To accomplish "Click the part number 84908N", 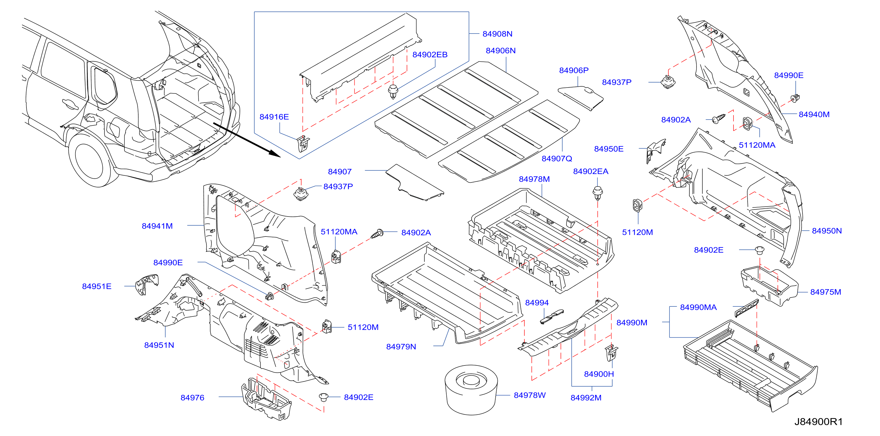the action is (497, 34).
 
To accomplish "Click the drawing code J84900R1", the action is (818, 422).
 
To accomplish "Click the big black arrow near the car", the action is (247, 140).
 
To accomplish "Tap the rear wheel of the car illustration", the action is (90, 160).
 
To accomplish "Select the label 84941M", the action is (157, 226).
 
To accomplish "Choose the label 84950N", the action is (827, 231).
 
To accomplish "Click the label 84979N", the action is (401, 346).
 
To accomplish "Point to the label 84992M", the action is (586, 398).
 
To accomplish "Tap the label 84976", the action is (192, 398).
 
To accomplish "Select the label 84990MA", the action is (698, 307).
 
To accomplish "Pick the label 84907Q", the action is (556, 159).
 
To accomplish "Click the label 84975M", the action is (825, 292).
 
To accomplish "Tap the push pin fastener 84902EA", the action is (598, 193).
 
